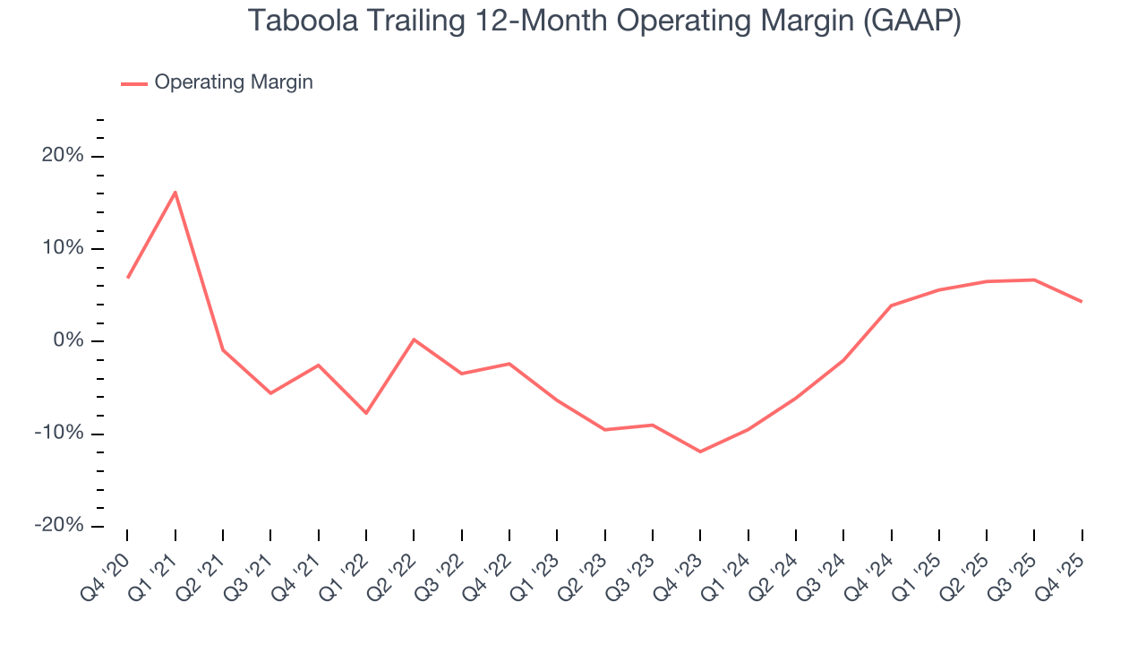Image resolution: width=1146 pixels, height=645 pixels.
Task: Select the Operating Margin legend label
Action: click(234, 82)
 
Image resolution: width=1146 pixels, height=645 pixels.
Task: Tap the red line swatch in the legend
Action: click(134, 83)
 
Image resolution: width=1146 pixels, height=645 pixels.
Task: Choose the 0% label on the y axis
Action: click(68, 340)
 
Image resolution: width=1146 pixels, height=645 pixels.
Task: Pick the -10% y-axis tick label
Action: click(60, 434)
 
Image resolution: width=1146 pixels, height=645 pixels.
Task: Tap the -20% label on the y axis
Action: click(60, 526)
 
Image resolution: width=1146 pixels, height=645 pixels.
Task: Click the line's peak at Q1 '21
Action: click(175, 192)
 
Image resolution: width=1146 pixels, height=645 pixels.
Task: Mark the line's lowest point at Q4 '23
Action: click(700, 451)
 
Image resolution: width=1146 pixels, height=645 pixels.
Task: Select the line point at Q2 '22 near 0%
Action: click(414, 340)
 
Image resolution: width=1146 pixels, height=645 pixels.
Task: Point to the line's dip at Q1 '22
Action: click(365, 413)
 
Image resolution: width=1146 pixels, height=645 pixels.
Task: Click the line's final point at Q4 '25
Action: click(1082, 301)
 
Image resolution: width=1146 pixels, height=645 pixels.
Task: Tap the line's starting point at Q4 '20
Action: click(127, 278)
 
